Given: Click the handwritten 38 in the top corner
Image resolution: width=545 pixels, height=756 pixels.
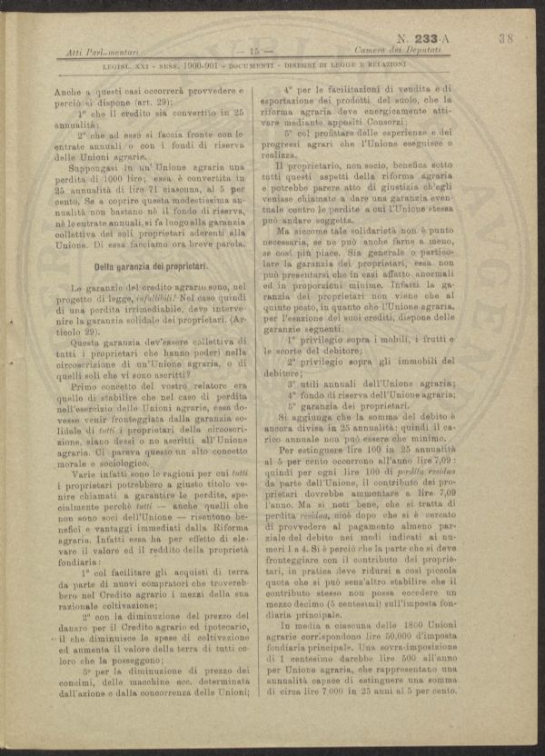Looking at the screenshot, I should point(506,39).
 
